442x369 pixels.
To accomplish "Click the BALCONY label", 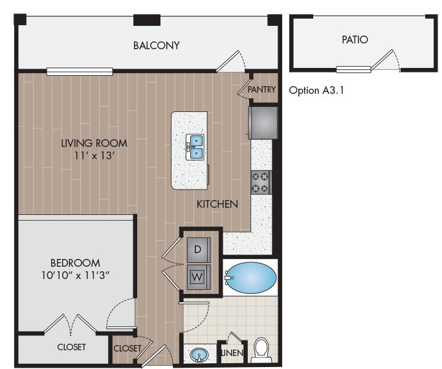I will pyautogui.click(x=156, y=45).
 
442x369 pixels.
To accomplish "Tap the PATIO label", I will pyautogui.click(x=355, y=39).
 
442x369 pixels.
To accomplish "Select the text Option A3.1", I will pyautogui.click(x=316, y=91).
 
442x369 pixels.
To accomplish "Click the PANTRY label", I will pyautogui.click(x=261, y=89).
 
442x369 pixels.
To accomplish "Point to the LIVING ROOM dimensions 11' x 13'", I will pyautogui.click(x=94, y=156).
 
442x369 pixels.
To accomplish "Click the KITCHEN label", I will pyautogui.click(x=218, y=204).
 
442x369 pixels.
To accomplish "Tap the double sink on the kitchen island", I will pyautogui.click(x=195, y=147).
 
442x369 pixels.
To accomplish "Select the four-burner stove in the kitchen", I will pyautogui.click(x=261, y=182).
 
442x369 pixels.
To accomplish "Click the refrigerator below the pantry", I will pyautogui.click(x=263, y=122).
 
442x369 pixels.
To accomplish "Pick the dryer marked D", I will pyautogui.click(x=199, y=249).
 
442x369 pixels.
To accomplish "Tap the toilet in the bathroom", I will pyautogui.click(x=262, y=349).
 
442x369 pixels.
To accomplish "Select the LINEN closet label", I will pyautogui.click(x=231, y=353).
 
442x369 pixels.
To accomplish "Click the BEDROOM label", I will pyautogui.click(x=75, y=263).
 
